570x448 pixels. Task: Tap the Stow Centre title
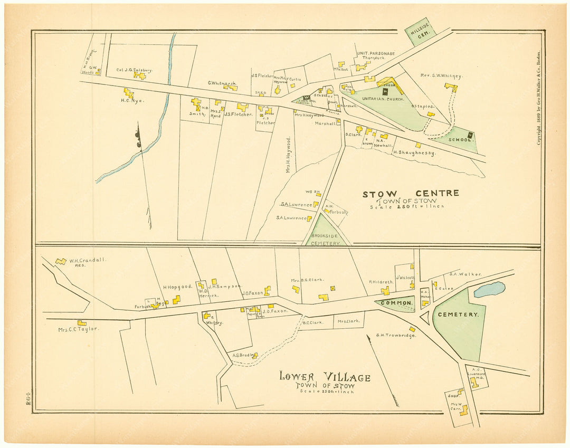tap(410, 194)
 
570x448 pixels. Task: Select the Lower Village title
tap(325, 377)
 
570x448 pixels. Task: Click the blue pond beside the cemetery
tap(489, 289)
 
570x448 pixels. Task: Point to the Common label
tap(395, 303)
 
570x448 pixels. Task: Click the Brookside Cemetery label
tap(326, 240)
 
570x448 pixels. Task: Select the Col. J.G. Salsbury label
tap(135, 70)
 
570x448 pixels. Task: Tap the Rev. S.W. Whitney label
tap(441, 77)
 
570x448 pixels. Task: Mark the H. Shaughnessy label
tap(414, 152)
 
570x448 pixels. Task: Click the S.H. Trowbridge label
tap(396, 335)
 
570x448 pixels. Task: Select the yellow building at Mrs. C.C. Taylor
tap(82, 323)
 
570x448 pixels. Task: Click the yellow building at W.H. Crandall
tap(61, 261)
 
